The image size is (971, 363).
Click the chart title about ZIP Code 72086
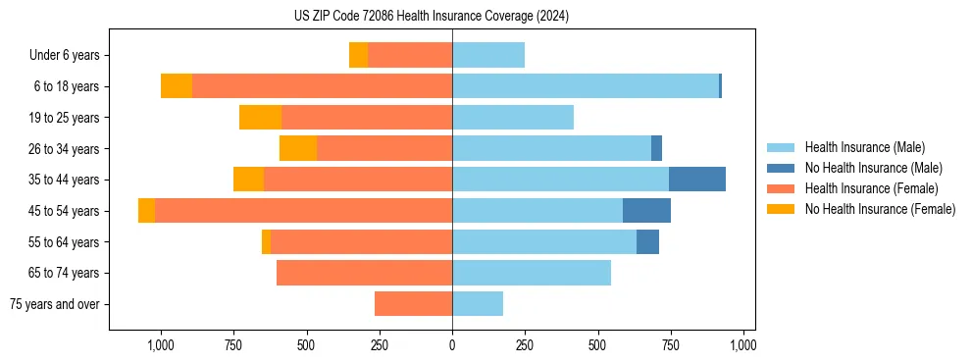pos(432,16)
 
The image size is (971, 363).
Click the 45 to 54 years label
pos(66,211)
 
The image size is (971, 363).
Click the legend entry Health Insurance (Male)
pos(863,147)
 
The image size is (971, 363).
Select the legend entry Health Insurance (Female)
pos(871,188)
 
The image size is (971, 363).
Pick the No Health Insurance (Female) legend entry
pos(880,209)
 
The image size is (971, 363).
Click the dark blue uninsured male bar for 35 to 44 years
pos(697,180)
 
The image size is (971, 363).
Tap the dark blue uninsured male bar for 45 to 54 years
pos(646,211)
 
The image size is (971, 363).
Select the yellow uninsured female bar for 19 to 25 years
pos(260,118)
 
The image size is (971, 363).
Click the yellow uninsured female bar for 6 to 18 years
pos(177,86)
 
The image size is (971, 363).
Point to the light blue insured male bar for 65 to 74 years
pos(532,273)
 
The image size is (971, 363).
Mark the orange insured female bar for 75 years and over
pos(413,304)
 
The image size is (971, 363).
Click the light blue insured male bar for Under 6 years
pos(488,55)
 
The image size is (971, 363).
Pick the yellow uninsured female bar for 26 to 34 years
pos(298,148)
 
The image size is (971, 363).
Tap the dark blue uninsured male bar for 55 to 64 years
pos(647,241)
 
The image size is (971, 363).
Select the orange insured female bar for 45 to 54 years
pos(303,211)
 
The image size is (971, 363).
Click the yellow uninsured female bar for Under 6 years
pos(358,55)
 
